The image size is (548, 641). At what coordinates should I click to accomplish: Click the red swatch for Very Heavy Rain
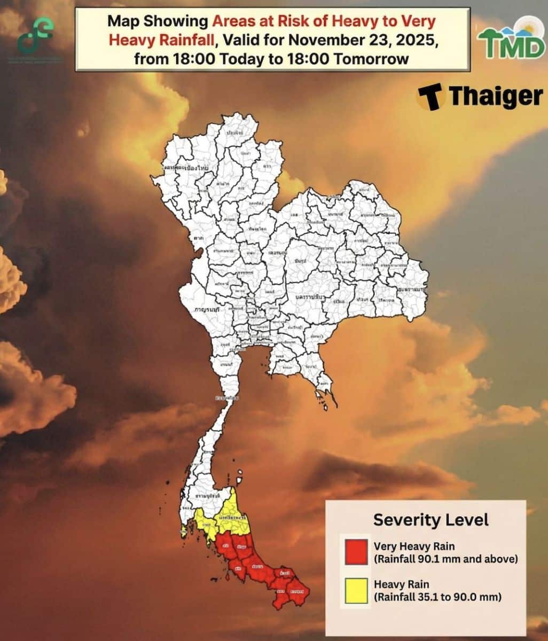(x=356, y=552)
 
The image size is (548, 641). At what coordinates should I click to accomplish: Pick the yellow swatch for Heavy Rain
(x=356, y=591)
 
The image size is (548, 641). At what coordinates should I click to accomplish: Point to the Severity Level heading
(x=430, y=519)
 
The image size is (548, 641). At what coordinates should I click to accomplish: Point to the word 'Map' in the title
(x=120, y=21)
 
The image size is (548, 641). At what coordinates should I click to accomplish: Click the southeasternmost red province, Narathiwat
(x=298, y=591)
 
